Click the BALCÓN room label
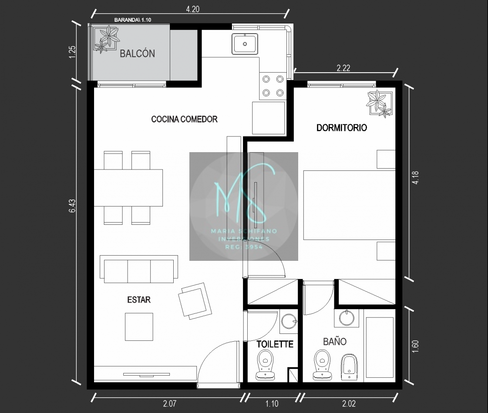[137, 53]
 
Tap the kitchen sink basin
[245, 43]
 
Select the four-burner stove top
[273, 86]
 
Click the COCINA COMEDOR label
[184, 119]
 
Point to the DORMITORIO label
[341, 128]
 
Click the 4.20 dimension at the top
[193, 9]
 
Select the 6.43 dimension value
[72, 206]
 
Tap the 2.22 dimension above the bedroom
[343, 68]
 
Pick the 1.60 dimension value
[415, 346]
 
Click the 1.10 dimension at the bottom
[272, 404]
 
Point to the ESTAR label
[139, 300]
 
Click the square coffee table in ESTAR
[139, 326]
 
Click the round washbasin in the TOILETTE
[289, 321]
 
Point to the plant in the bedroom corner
[379, 104]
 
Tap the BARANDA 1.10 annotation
[133, 20]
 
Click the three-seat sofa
[139, 269]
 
